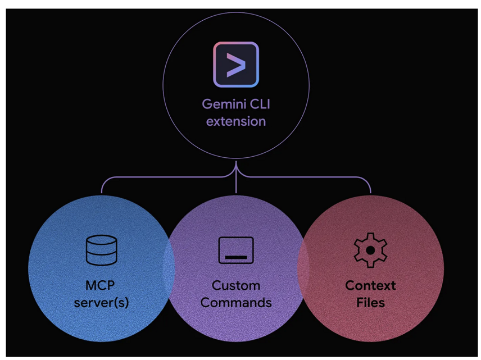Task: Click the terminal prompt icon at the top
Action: (x=236, y=65)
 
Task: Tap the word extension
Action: (x=236, y=121)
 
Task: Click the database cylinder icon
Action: (x=101, y=250)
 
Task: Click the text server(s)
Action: (x=101, y=302)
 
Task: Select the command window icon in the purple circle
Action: (x=236, y=250)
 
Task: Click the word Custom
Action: (x=236, y=285)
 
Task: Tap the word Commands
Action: (x=236, y=302)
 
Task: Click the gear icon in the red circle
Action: (x=370, y=250)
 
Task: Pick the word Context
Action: (x=370, y=285)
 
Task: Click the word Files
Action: (x=370, y=302)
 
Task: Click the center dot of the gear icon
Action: (x=370, y=250)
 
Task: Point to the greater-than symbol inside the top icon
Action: (x=237, y=66)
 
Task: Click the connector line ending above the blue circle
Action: (x=102, y=188)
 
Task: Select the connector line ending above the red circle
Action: (x=370, y=188)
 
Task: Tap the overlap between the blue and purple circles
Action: (x=169, y=267)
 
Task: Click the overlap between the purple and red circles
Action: (x=303, y=267)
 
